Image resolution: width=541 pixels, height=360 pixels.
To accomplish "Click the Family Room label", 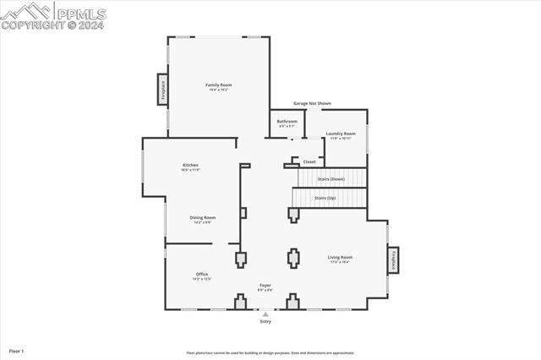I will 219,85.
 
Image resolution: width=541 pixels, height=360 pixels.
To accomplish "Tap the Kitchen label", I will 190,165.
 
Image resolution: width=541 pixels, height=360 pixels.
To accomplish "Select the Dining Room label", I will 202,217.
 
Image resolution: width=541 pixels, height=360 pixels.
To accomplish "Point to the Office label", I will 201,275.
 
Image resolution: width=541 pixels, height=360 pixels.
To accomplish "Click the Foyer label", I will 265,286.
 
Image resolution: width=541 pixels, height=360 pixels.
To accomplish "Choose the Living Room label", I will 340,257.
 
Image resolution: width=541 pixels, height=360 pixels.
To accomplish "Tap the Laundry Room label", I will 340,134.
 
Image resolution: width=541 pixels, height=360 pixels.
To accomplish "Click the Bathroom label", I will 287,122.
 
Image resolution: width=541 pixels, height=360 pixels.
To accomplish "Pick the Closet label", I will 309,161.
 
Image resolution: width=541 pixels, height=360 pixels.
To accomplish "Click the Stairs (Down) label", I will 331,179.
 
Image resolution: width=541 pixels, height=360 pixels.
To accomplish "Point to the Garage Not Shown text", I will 312,103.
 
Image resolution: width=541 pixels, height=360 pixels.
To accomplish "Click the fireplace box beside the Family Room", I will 162,89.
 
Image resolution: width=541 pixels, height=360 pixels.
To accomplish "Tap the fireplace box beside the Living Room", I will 393,260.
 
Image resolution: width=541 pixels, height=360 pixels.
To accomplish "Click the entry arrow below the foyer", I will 265,314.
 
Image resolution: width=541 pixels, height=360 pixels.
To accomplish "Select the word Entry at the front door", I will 265,322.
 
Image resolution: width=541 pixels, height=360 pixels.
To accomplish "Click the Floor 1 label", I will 17,350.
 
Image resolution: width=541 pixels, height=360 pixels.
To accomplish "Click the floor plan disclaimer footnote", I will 270,353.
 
